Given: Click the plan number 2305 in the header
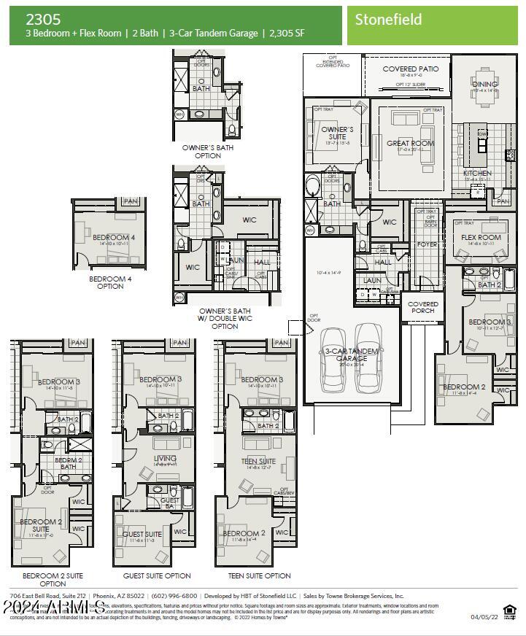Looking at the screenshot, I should pyautogui.click(x=43, y=19).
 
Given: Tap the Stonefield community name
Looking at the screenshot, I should pyautogui.click(x=388, y=20).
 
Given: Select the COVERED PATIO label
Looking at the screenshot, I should pyautogui.click(x=411, y=69).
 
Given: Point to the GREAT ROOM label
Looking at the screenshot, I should pyautogui.click(x=410, y=144).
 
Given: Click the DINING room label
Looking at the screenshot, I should pyautogui.click(x=484, y=84).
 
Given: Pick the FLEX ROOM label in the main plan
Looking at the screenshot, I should pyautogui.click(x=481, y=237).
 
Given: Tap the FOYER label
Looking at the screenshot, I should pyautogui.click(x=427, y=245).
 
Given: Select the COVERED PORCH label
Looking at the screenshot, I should pyautogui.click(x=423, y=307).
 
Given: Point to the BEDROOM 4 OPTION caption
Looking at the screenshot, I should pyautogui.click(x=110, y=282).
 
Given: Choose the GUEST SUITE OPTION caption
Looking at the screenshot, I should pyautogui.click(x=157, y=575).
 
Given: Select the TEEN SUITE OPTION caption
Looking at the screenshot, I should pyautogui.click(x=259, y=575).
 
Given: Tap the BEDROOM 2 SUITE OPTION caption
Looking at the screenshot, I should pyautogui.click(x=53, y=579).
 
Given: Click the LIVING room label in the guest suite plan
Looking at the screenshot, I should pyautogui.click(x=165, y=459).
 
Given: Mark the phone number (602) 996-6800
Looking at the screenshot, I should pyautogui.click(x=173, y=596).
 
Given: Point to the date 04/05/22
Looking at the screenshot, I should pyautogui.click(x=484, y=617).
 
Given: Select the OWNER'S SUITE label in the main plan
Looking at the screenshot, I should pyautogui.click(x=337, y=133).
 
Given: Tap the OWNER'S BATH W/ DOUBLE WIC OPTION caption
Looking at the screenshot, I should pyautogui.click(x=225, y=318).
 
